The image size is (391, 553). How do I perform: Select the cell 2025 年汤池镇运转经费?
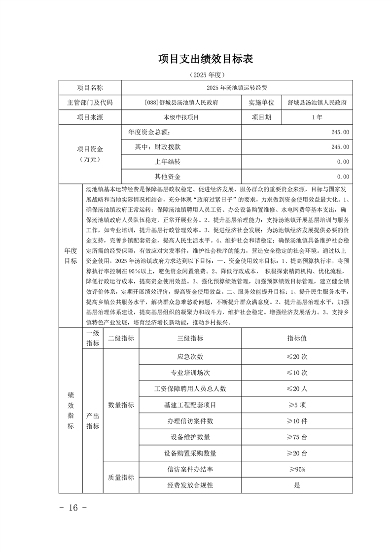(237, 88)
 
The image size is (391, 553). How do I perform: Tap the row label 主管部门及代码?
(90, 103)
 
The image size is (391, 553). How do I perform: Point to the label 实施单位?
(261, 103)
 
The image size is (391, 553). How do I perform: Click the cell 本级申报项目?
(181, 117)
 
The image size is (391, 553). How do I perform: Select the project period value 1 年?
(317, 117)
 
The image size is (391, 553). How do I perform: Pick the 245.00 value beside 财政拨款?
(341, 147)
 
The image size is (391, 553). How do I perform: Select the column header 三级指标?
(190, 338)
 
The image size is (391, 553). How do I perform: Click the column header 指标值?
(297, 338)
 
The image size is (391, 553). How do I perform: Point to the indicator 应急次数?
(190, 356)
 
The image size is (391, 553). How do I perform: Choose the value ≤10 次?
(297, 372)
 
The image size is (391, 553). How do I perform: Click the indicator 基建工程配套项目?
(190, 405)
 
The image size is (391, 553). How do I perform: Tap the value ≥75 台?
(297, 437)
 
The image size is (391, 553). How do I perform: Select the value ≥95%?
(297, 469)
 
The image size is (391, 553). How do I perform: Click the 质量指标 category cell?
(121, 477)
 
